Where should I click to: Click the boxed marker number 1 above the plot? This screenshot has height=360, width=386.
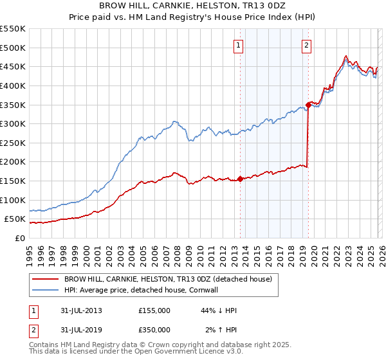[x=239, y=45]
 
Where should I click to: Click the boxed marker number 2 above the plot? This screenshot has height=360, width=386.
[x=306, y=45]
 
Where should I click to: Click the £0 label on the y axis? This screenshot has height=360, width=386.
[x=19, y=238]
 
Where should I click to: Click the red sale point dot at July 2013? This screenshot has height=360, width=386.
[x=240, y=179]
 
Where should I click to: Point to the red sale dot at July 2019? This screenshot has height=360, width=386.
[x=309, y=104]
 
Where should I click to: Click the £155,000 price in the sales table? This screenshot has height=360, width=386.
[x=154, y=310]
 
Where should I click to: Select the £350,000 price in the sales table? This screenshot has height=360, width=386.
[x=154, y=330]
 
